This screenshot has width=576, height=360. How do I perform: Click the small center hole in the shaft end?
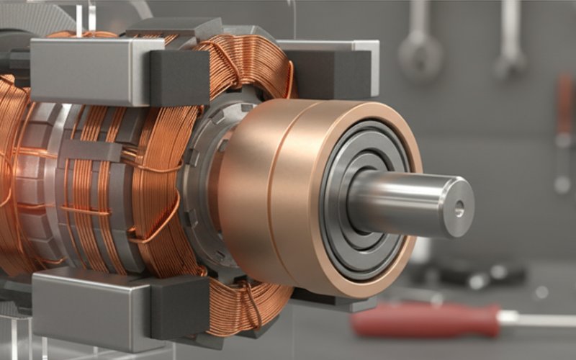point(459,210)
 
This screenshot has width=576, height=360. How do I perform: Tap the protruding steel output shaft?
point(410,202)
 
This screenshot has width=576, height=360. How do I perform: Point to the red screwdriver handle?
point(425,320)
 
